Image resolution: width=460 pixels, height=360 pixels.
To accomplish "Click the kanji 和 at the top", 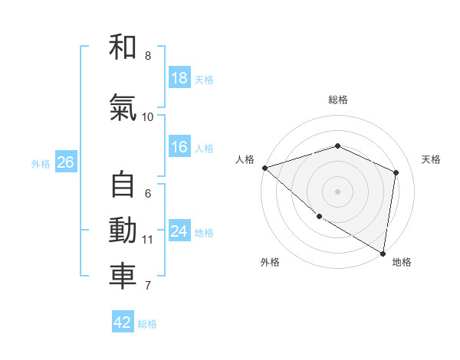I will click(123, 48).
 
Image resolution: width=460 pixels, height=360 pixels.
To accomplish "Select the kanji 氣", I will click(123, 109).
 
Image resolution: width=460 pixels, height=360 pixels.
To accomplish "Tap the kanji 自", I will click(123, 186).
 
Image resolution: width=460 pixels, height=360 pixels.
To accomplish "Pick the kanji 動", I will click(123, 231).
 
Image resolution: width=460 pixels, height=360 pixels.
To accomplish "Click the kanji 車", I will click(123, 277).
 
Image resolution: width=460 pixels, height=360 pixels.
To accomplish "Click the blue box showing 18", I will click(179, 78).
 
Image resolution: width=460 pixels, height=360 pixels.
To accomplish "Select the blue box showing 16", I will click(179, 147).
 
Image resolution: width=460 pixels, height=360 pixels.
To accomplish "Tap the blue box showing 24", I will click(179, 231).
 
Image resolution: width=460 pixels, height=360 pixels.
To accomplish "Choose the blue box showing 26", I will click(65, 162).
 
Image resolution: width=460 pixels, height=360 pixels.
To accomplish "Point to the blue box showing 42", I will click(123, 322).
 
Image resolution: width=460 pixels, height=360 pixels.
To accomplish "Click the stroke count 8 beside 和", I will click(148, 56).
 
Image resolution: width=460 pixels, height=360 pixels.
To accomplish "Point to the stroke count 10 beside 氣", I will click(148, 116).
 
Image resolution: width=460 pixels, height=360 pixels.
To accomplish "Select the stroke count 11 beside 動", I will click(148, 239).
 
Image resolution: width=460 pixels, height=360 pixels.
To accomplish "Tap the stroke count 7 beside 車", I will click(148, 286).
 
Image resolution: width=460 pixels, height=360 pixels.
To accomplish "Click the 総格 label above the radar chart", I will click(338, 100).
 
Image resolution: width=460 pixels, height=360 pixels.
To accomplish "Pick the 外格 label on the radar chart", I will click(270, 263).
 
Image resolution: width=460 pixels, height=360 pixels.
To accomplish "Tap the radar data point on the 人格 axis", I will click(264, 168).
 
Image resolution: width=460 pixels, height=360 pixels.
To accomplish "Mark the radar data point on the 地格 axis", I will click(383, 252).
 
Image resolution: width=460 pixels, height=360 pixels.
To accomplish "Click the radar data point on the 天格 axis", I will click(396, 172).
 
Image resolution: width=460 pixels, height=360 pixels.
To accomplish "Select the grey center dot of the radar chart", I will click(338, 191).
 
